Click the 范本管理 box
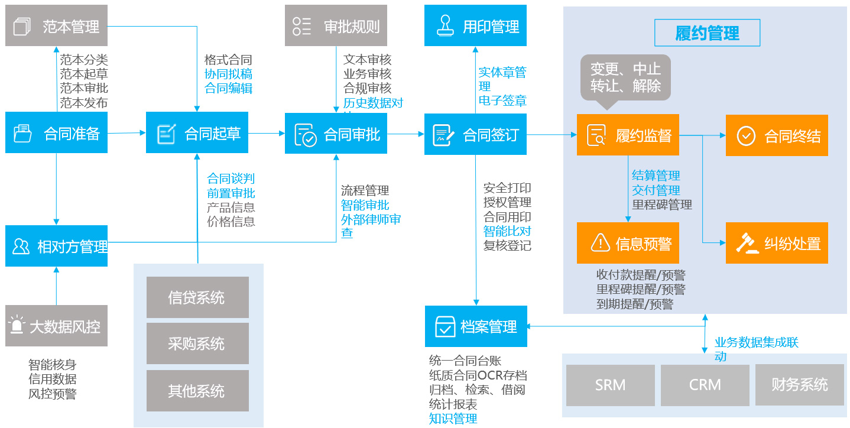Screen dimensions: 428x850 (x=57, y=25)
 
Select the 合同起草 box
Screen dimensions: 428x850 (x=197, y=133)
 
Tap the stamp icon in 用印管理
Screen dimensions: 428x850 (x=444, y=25)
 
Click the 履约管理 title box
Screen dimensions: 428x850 (x=707, y=33)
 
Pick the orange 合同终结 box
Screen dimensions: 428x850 (x=777, y=135)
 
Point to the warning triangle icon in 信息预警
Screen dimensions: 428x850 (x=600, y=242)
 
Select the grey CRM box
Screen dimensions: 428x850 (x=705, y=385)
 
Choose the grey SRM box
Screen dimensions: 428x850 (x=610, y=385)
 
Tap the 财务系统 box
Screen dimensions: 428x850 (x=800, y=385)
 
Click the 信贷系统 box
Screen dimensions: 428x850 (x=197, y=297)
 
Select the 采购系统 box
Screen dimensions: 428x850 (x=197, y=344)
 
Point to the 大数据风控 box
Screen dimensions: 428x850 (x=57, y=326)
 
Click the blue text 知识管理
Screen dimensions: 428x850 (x=453, y=419)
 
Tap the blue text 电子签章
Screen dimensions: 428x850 (x=502, y=100)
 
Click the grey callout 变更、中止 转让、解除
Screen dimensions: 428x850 (x=625, y=77)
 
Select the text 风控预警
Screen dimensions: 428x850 (x=52, y=394)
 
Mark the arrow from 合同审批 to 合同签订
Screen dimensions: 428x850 (x=405, y=134)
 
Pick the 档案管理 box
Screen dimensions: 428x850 (x=476, y=326)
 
